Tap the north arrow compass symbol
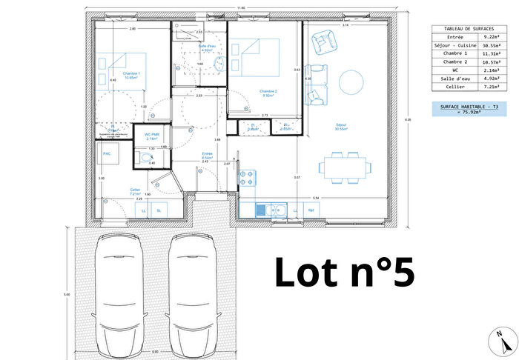503,339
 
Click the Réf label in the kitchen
311,211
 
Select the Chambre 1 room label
132,73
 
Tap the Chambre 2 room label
268,91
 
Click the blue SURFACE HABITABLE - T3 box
466,110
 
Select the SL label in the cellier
159,211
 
